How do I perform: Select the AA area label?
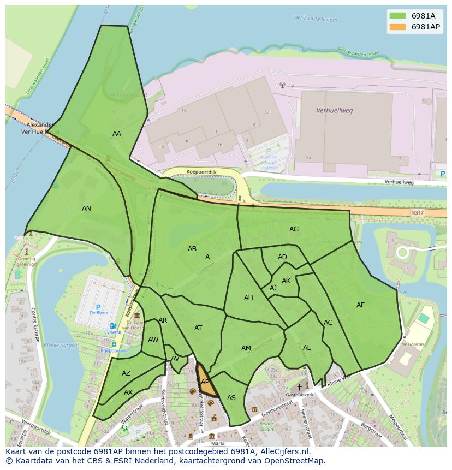point(117,134)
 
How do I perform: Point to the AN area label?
point(86,209)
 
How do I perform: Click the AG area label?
point(294,229)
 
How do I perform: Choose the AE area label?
point(360,305)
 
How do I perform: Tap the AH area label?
point(248,298)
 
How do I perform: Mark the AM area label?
point(246,348)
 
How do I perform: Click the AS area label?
point(231,398)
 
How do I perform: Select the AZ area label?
point(126,373)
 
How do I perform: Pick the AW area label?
point(153,340)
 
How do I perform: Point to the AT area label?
point(198,328)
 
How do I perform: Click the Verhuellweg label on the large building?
point(335,110)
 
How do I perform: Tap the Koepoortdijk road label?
point(201,171)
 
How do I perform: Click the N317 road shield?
point(417,212)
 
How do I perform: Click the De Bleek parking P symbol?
point(98,307)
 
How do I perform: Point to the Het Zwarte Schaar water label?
point(315,18)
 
